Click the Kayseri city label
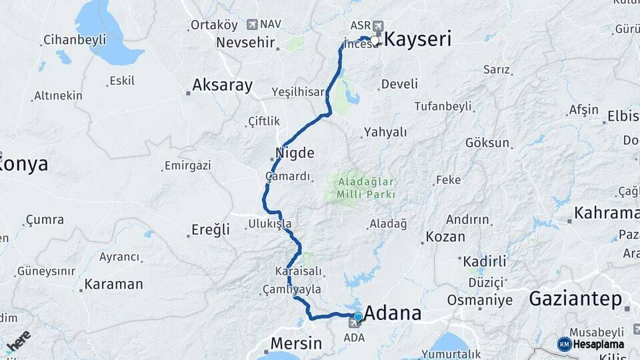(418, 39)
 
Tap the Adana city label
(393, 313)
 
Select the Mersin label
(296, 344)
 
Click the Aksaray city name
(222, 85)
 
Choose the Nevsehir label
(245, 43)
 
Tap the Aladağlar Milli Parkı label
(366, 187)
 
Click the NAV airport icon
(252, 25)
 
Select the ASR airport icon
(379, 25)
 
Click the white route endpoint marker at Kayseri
(375, 41)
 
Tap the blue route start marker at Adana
(358, 317)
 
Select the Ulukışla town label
(269, 223)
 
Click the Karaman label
(113, 284)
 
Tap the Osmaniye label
(479, 300)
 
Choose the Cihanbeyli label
(75, 40)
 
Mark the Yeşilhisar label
(297, 92)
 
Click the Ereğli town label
(211, 230)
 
